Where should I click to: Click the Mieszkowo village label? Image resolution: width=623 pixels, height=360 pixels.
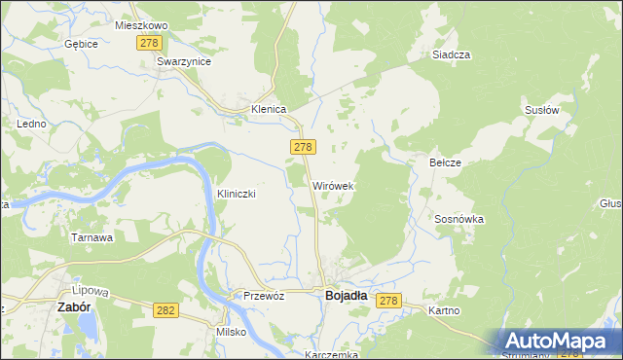141,25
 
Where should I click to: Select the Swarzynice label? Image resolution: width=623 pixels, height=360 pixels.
184,60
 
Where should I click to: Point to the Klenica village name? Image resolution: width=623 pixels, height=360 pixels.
269,110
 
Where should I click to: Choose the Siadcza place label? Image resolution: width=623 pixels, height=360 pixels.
452,55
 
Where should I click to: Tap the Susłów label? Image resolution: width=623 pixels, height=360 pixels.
541,110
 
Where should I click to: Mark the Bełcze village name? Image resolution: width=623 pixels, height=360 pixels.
445,162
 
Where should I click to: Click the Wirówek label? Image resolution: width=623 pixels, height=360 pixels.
333,185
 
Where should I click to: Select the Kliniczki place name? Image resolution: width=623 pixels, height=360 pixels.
237,194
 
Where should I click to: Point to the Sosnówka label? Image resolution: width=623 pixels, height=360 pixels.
459,220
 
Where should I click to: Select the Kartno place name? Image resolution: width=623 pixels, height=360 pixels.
444,310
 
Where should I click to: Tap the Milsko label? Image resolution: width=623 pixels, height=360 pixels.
232,332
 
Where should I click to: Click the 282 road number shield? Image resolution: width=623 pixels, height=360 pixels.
165,308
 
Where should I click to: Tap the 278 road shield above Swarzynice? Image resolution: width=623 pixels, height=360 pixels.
149,43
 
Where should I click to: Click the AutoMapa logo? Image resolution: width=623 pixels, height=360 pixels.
559,341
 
